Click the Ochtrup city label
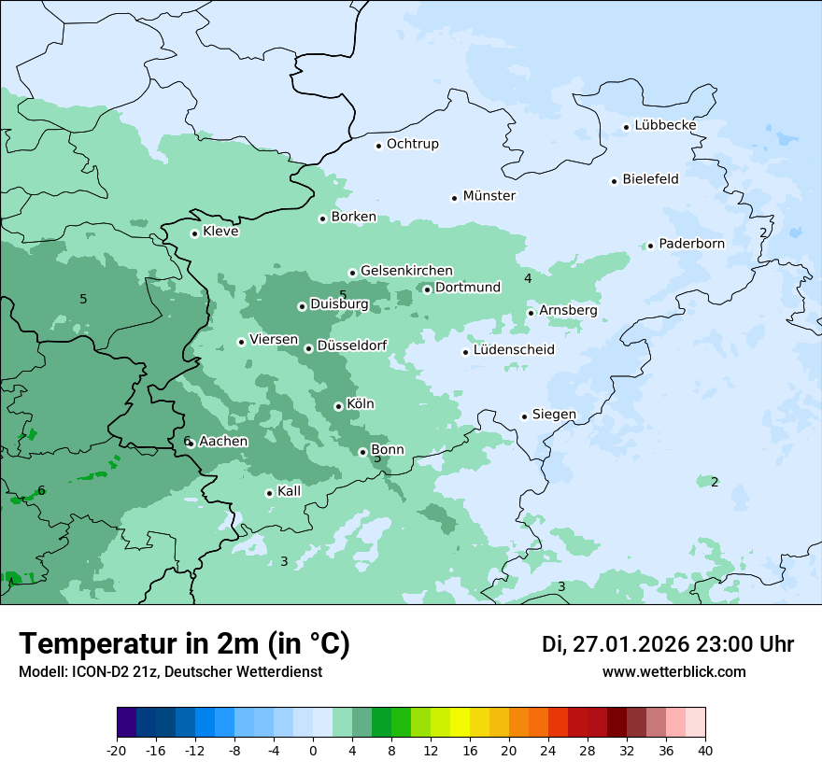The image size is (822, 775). (412, 144)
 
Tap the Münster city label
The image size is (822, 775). (489, 196)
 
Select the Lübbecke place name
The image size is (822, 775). (665, 125)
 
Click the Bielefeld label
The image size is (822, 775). (650, 179)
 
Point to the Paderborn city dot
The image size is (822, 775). (650, 246)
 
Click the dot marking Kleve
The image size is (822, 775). (194, 233)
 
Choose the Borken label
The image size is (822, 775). (353, 217)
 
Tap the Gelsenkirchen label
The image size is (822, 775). (406, 271)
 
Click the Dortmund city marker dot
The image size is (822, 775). (427, 289)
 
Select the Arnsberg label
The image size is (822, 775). (568, 310)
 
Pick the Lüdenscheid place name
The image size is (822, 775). (514, 350)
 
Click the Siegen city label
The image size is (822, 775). (554, 415)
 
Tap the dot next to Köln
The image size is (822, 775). (338, 406)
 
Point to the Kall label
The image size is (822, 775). (290, 491)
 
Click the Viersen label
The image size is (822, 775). (274, 340)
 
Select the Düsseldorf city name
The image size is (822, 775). (352, 345)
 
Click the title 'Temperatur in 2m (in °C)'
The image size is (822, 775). (185, 643)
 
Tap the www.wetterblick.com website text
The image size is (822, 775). (673, 671)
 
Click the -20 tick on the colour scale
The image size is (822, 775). (117, 750)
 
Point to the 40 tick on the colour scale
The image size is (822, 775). (704, 750)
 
